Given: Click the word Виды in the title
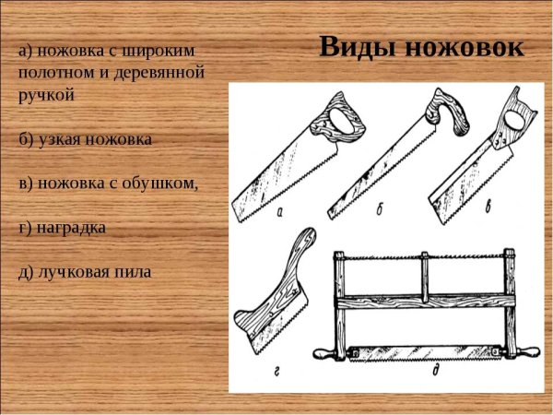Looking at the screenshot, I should click(353, 47).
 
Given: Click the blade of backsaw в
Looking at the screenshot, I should click(465, 175).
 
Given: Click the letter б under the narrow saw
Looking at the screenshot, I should click(379, 211).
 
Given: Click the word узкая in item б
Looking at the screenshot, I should click(58, 138).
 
